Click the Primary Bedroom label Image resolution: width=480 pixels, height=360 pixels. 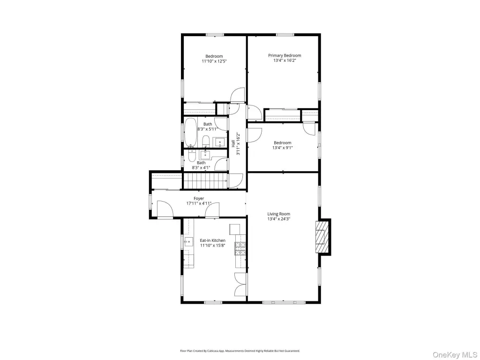[285, 55]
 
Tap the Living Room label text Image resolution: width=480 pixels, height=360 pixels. [278, 214]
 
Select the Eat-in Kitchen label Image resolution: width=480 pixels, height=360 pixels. [212, 240]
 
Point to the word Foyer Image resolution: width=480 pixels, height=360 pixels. [199, 199]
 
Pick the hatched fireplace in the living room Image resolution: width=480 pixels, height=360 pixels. [321, 237]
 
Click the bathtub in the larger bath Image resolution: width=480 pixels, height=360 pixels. [190, 132]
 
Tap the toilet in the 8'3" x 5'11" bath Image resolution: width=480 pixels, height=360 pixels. [206, 141]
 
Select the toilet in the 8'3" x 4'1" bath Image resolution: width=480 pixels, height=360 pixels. [192, 156]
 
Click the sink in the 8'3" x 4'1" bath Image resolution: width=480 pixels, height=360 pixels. [205, 155]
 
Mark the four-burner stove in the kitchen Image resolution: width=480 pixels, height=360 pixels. [240, 248]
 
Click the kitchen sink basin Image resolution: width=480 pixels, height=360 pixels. [188, 242]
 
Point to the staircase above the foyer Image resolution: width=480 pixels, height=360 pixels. [205, 181]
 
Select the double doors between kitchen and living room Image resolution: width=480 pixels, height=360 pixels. [240, 284]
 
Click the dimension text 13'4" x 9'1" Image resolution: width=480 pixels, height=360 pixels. [283, 148]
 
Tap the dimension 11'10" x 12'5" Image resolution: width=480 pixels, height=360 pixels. [214, 61]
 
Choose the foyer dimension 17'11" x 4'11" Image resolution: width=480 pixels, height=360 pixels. [199, 203]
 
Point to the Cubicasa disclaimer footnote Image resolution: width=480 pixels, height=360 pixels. [240, 351]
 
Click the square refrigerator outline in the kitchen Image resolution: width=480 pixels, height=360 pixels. [235, 229]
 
